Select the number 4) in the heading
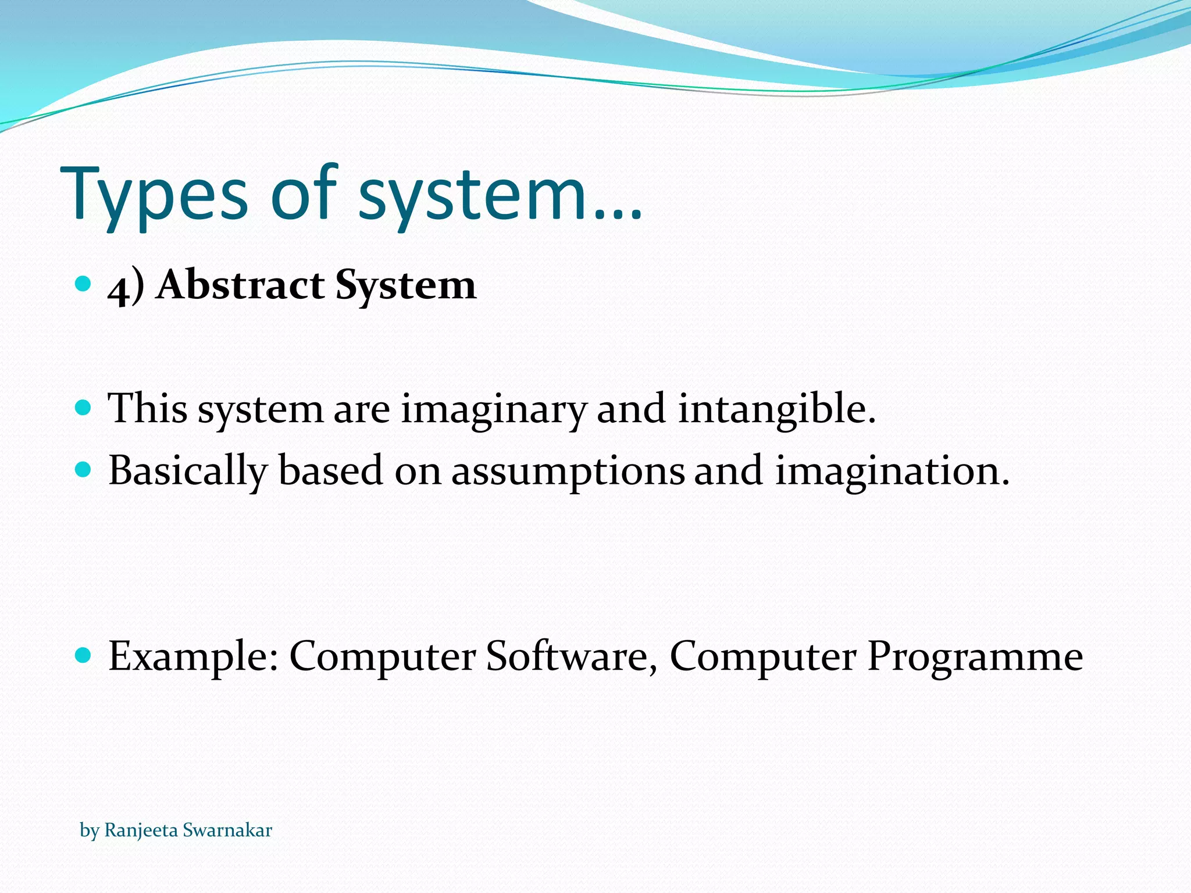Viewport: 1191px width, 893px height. click(126, 286)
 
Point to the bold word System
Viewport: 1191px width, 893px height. click(405, 286)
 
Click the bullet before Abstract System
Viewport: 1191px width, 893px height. click(84, 284)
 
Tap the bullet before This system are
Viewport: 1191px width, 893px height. click(84, 408)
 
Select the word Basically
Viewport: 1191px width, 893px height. click(188, 471)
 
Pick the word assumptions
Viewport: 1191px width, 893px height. click(568, 471)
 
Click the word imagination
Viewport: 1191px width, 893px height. click(892, 470)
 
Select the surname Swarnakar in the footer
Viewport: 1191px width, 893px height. click(227, 830)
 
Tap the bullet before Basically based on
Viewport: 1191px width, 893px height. click(84, 469)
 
